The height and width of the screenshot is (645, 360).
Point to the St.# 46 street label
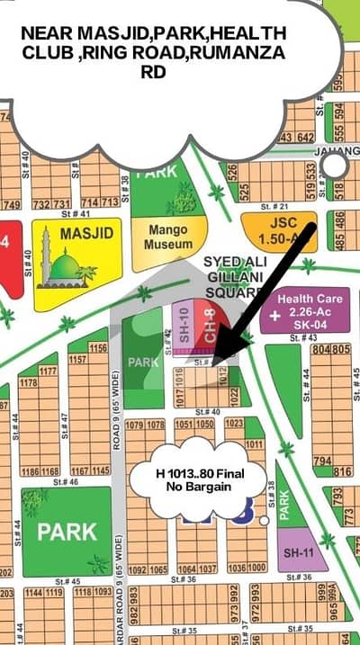pos(67,482)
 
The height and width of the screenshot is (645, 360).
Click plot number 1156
pos(98,347)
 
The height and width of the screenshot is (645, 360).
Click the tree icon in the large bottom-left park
pos(35,503)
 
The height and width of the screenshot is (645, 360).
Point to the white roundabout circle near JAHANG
pos(335,166)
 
